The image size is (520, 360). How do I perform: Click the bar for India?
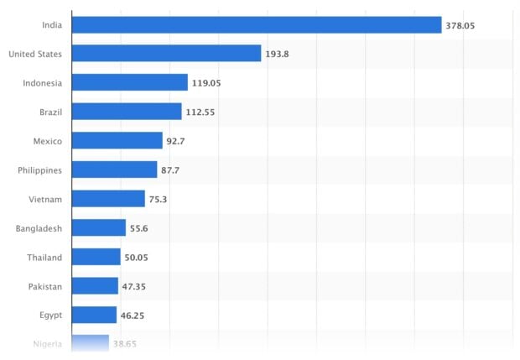tap(256, 25)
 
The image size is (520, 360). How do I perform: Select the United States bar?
tap(166, 54)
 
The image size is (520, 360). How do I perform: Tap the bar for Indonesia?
tap(129, 83)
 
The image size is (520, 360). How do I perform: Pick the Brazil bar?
tap(127, 112)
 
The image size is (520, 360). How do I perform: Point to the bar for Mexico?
tap(117, 141)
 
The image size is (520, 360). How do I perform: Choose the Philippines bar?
tap(114, 170)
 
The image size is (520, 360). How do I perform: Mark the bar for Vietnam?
tap(108, 199)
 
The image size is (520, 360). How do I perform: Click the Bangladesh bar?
tap(99, 228)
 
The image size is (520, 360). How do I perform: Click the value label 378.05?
tap(460, 26)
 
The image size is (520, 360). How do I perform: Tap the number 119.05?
tap(206, 84)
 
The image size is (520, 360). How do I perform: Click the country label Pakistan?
tap(44, 287)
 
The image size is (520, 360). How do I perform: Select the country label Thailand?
tap(44, 258)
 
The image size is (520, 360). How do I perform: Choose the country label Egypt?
tap(49, 316)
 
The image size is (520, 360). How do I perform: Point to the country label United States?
tap(34, 55)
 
